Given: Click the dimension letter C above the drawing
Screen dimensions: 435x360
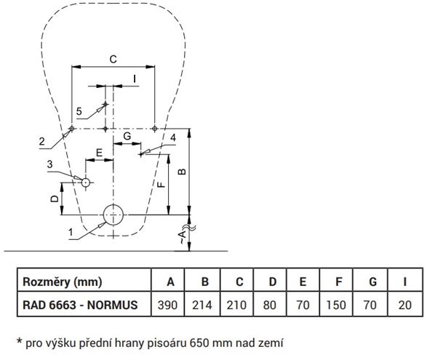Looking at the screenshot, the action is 113,60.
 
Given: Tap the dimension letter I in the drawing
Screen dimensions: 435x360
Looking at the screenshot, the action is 135,79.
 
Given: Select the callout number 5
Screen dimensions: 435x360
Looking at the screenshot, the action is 79,111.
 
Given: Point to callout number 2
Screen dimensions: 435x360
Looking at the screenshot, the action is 41,141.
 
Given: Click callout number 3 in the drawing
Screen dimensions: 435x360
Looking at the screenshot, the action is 49,164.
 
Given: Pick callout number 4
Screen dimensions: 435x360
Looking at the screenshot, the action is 173,137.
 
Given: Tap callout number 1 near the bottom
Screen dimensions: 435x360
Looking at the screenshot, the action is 71,232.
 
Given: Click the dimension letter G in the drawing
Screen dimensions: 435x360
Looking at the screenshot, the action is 127,136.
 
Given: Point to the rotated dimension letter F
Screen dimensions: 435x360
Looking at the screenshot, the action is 161,184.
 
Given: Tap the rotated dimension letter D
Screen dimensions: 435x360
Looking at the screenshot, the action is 55,199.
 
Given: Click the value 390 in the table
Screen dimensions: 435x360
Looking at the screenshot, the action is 167,305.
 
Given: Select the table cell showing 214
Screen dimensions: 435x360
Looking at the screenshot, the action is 202,305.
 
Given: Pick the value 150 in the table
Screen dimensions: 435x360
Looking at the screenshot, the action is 336,305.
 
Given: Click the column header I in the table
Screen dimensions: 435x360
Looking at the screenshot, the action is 405,281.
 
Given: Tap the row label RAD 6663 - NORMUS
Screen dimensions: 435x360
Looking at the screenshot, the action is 80,305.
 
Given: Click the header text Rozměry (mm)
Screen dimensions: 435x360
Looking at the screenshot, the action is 63,281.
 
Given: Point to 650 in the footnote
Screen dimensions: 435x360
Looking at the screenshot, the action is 199,343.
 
